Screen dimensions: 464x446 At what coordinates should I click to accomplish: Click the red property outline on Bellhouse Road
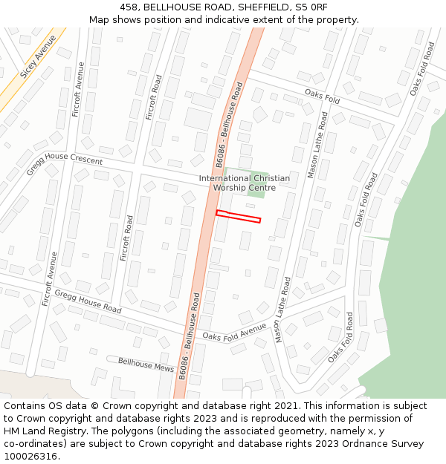(x=238, y=217)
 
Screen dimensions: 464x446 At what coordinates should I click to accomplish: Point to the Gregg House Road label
(x=88, y=297)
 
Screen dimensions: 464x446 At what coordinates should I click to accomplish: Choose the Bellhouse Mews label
(x=146, y=364)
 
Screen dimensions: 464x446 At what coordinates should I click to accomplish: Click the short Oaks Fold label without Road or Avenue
(x=322, y=96)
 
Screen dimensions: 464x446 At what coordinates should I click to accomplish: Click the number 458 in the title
(x=130, y=7)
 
